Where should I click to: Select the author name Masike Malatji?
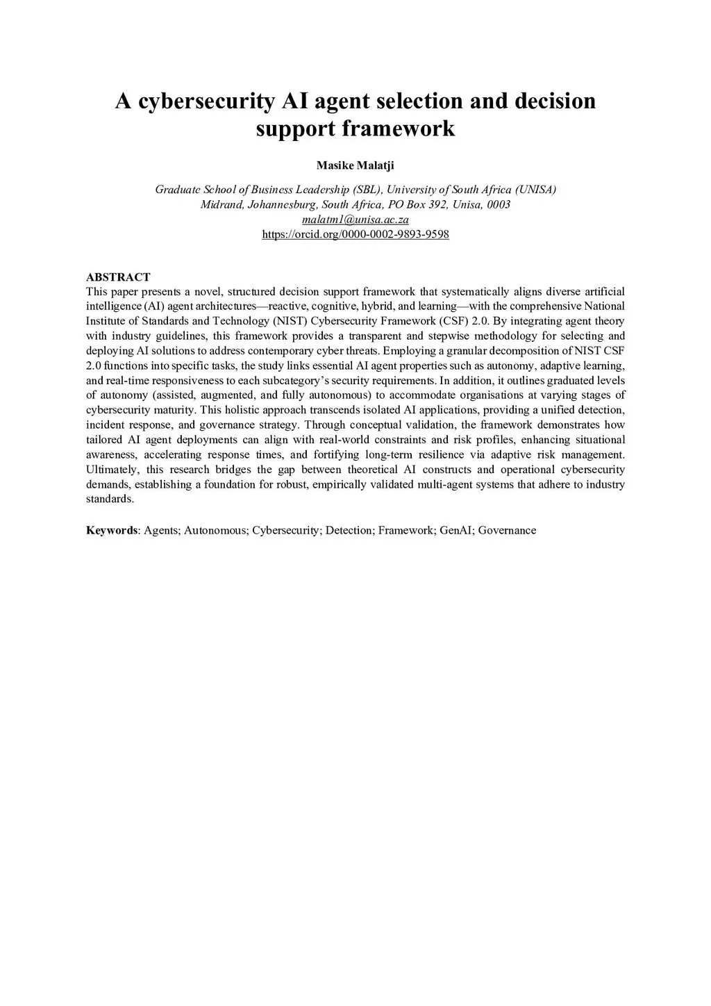pos(355,165)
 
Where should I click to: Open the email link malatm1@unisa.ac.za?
pos(355,220)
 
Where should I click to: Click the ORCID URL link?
pos(355,234)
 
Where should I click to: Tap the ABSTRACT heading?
pos(118,277)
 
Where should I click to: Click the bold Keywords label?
pos(112,530)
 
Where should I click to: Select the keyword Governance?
pos(507,530)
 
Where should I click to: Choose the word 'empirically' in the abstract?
pos(340,484)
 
